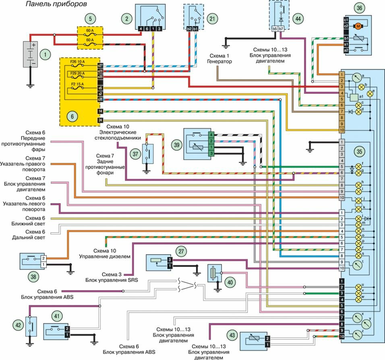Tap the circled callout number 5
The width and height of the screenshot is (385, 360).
tap(91, 18)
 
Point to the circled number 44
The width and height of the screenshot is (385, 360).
tap(298, 18)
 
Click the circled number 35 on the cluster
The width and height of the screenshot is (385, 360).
tap(360, 152)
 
